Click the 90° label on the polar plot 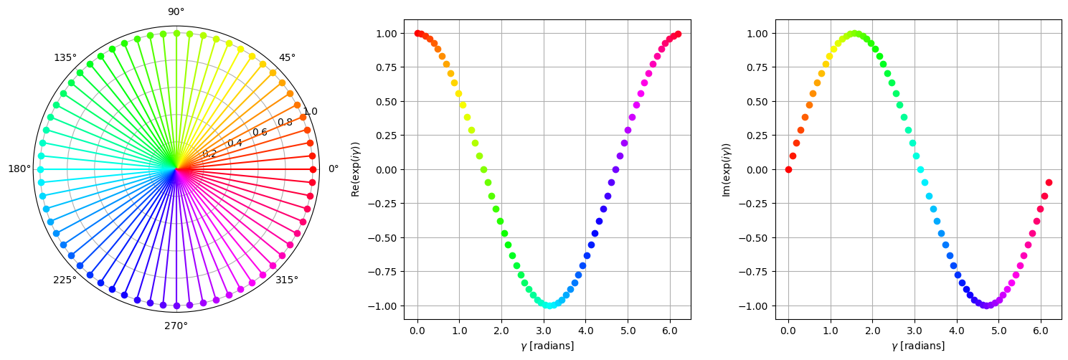point(176,11)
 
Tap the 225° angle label point(65,280)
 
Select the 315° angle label point(287,280)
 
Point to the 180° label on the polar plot point(19,169)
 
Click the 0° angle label point(334,169)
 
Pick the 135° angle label point(65,57)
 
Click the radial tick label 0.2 point(209,154)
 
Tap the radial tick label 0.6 point(260,133)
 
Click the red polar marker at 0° point(313,169)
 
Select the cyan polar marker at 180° point(40,169)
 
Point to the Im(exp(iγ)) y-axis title point(726,169)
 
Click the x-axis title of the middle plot point(547,346)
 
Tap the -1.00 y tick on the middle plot point(385,305)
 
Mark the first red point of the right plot point(788,169)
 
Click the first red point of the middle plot point(417,33)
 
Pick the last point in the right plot point(1049,182)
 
